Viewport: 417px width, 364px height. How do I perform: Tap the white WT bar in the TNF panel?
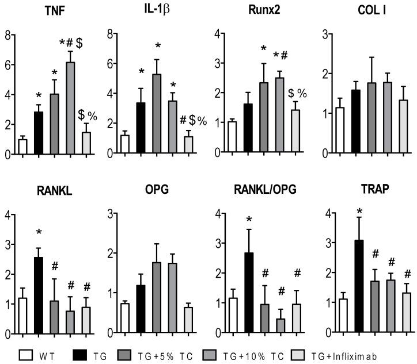click(23, 147)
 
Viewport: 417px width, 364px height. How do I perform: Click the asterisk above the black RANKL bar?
click(39, 232)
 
